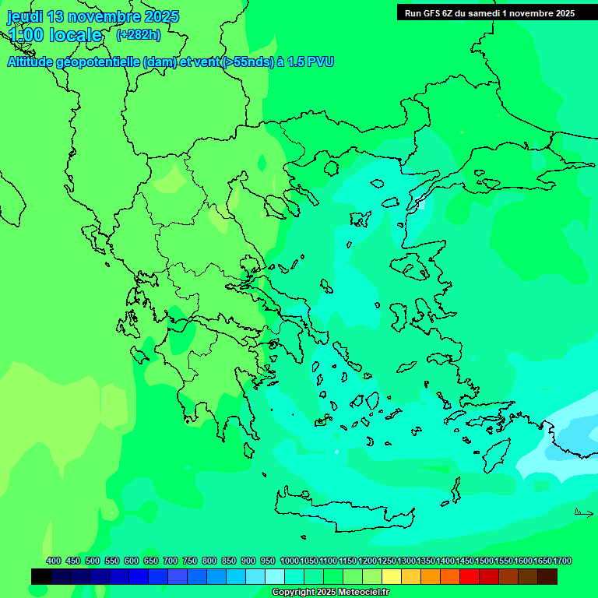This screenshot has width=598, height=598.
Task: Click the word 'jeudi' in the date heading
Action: [x=25, y=16]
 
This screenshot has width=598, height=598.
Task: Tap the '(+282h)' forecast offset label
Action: [x=138, y=34]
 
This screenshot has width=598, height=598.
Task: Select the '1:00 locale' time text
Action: [x=55, y=35]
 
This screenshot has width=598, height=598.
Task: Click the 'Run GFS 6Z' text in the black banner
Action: [x=429, y=12]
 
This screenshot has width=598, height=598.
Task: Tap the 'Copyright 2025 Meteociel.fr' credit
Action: [x=330, y=593]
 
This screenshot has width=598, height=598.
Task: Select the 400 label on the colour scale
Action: [x=54, y=561]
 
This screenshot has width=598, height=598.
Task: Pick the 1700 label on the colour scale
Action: [x=562, y=561]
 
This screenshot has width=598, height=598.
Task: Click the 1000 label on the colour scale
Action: [x=289, y=561]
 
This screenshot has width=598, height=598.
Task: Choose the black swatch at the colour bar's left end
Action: [x=41, y=576]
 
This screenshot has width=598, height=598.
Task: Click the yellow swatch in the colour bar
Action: [x=392, y=576]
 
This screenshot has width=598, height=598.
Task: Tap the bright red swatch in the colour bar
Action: [x=470, y=576]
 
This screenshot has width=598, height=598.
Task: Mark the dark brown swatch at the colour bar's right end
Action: [x=547, y=576]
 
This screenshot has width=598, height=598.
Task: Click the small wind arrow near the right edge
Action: [x=583, y=512]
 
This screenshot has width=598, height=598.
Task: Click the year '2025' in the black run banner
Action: [x=564, y=12]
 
